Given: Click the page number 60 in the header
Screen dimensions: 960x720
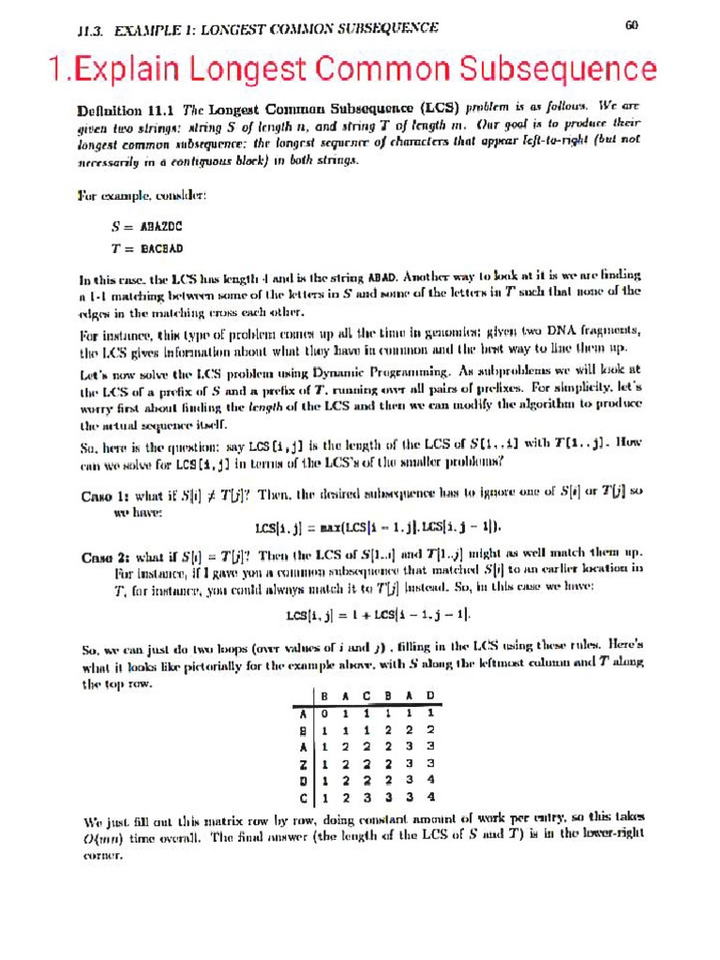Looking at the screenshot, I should pos(631,25).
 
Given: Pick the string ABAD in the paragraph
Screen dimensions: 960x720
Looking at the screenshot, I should pos(385,277).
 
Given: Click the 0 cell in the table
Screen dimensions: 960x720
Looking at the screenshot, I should pos(324,713).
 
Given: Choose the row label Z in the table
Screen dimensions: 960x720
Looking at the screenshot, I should pos(301,764).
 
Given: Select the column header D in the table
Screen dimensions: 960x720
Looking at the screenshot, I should pos(429,697).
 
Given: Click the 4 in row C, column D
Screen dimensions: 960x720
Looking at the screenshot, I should pos(429,799).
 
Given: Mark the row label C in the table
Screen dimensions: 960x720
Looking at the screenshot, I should pos(301,799).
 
